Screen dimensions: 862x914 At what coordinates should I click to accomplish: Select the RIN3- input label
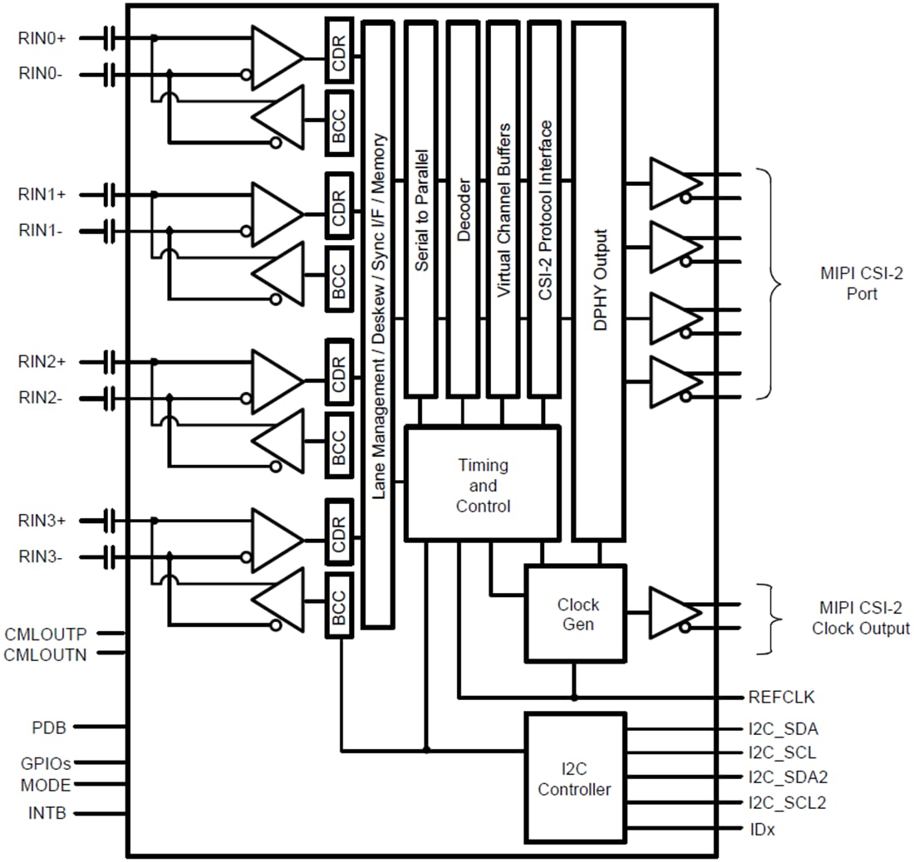coord(41,558)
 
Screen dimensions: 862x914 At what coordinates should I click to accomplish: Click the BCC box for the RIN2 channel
coord(339,440)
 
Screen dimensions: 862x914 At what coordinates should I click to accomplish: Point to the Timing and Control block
coord(483,485)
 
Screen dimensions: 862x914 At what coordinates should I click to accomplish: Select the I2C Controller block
coord(575,777)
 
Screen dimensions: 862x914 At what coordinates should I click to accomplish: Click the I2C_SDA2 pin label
coord(788,778)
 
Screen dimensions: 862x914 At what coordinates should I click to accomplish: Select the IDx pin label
coord(761,830)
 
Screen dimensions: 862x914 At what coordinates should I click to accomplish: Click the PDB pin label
coord(49,727)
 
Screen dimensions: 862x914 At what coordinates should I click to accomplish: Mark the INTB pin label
coord(47,813)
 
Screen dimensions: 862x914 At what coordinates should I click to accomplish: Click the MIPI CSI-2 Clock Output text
coord(860,620)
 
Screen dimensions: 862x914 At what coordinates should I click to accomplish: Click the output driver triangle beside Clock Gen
coord(671,614)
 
